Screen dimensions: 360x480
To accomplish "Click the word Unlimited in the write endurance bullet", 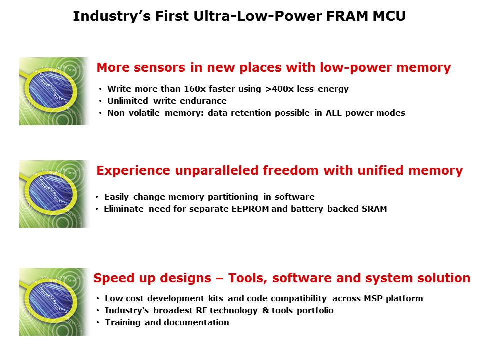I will (x=127, y=101).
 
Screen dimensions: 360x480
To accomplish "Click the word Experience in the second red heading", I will (x=133, y=171).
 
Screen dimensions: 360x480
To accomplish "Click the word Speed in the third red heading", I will (x=111, y=278).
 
